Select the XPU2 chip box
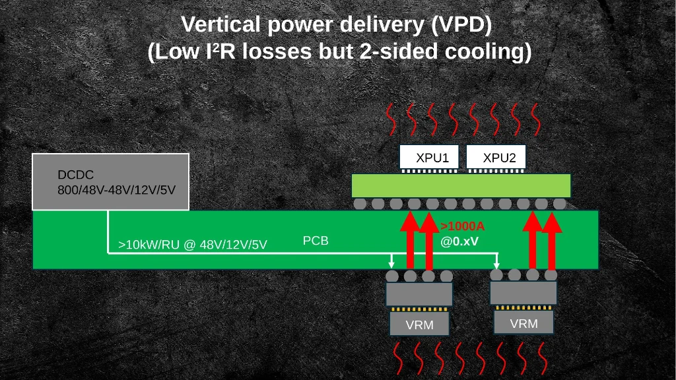(x=496, y=157)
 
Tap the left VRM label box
(x=419, y=324)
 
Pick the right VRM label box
(x=524, y=323)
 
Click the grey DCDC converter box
(x=111, y=182)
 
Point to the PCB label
(x=316, y=241)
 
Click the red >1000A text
(x=462, y=226)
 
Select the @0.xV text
(x=459, y=241)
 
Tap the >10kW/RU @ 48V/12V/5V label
(x=193, y=245)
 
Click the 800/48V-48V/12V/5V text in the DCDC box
(x=116, y=190)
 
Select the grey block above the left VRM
(x=419, y=294)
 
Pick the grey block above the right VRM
(x=524, y=292)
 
